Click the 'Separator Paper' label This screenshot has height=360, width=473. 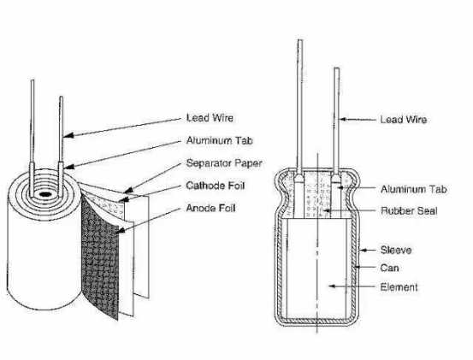(224, 163)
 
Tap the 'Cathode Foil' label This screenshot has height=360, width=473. (215, 185)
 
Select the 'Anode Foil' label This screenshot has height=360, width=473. (210, 208)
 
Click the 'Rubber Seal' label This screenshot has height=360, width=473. (409, 210)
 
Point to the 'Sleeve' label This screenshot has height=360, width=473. (396, 250)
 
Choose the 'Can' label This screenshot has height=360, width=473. (389, 268)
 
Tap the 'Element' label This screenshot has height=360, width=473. (399, 287)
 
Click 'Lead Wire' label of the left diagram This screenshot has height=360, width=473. (210, 118)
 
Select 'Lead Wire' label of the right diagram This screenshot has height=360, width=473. (404, 120)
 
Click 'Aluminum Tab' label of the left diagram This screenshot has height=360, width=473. (219, 140)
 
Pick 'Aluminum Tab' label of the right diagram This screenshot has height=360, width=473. (413, 189)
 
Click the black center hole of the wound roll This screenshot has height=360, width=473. (44, 194)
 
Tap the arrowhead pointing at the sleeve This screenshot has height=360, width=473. (364, 250)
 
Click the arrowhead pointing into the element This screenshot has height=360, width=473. (332, 286)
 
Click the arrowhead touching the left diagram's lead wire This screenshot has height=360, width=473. (68, 135)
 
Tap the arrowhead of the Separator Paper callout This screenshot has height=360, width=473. (128, 191)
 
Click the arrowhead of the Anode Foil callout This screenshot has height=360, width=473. (120, 231)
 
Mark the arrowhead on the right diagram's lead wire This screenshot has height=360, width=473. (343, 120)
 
